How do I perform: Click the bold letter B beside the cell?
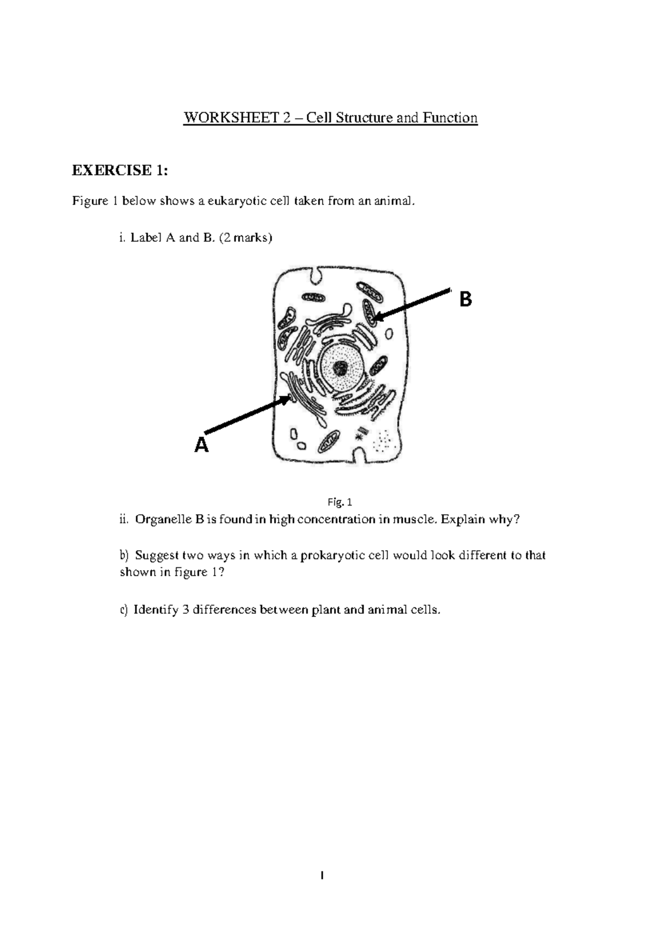point(466,300)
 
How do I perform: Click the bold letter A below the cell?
point(202,445)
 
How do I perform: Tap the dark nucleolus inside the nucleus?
point(341,367)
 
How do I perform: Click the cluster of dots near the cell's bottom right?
point(383,442)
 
